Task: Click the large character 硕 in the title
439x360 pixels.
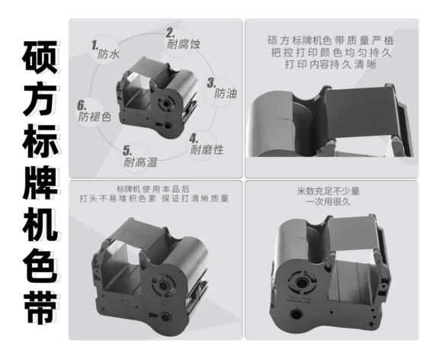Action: (36, 58)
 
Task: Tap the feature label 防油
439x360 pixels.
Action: (225, 94)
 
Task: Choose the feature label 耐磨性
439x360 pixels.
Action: (207, 149)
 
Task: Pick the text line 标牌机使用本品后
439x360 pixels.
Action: (155, 188)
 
